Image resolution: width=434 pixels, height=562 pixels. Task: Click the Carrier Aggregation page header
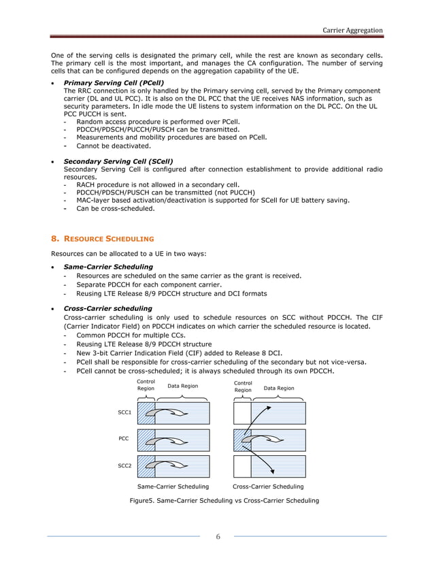[352, 30]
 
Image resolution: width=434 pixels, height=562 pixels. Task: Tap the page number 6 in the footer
[217, 538]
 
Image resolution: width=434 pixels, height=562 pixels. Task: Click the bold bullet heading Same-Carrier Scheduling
[107, 267]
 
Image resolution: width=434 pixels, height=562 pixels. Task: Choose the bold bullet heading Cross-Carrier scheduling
[107, 308]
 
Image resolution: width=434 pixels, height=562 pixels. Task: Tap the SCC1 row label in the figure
[124, 413]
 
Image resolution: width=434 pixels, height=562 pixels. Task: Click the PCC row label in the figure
[124, 440]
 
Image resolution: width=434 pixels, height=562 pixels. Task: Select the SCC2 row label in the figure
[124, 466]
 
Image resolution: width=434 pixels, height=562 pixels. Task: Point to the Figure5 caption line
[224, 501]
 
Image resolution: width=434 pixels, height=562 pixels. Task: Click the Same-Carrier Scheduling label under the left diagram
[173, 487]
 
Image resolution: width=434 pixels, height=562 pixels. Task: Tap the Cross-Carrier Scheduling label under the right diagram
[268, 487]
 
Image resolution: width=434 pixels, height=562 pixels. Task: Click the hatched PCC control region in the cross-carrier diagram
[241, 440]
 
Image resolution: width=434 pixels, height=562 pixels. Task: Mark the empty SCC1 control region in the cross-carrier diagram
[241, 413]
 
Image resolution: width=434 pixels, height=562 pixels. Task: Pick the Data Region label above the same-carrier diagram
[183, 386]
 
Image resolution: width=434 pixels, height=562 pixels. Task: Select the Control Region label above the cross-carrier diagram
[243, 386]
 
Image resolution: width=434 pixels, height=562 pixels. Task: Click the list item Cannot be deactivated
[113, 146]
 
